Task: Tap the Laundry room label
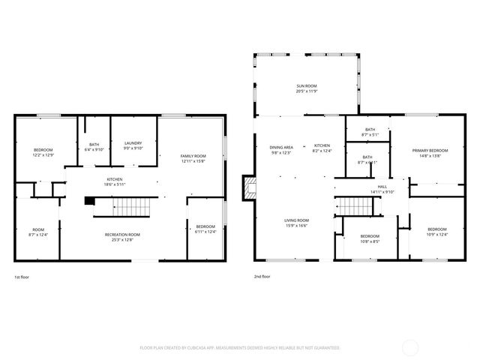[x=133, y=144]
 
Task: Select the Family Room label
[x=193, y=156]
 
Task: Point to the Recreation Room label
[x=122, y=235]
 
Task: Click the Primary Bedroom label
[x=430, y=151]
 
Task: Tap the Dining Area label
[x=281, y=146]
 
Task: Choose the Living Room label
[x=296, y=220]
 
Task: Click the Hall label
[x=382, y=187]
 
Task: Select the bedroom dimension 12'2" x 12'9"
[x=43, y=155]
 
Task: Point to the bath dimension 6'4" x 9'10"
[x=94, y=149]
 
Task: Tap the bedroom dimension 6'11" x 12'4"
[x=205, y=231]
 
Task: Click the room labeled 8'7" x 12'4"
[x=37, y=235]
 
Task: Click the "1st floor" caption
[x=23, y=277]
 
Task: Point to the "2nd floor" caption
[x=262, y=277]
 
